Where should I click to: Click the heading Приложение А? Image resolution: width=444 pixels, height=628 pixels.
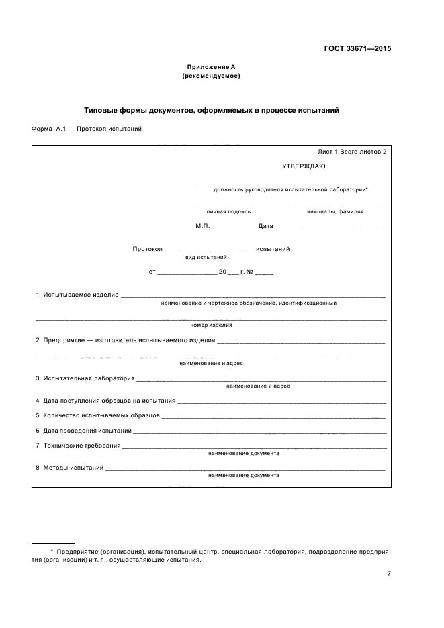(211, 67)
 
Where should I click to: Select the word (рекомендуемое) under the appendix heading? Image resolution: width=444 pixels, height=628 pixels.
(211, 76)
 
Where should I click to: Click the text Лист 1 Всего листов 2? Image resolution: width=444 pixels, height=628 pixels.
(351, 152)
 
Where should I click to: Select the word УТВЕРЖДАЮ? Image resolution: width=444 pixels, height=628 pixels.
(304, 166)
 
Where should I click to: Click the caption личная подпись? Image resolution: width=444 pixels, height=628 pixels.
(228, 211)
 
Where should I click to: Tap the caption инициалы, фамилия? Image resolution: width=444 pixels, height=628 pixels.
(335, 211)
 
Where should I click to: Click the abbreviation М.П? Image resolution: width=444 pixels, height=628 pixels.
(203, 226)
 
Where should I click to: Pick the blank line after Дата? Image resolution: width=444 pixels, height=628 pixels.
(329, 227)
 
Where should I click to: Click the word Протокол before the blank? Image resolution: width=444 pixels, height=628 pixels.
(148, 249)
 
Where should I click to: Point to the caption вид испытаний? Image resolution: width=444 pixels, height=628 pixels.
(206, 257)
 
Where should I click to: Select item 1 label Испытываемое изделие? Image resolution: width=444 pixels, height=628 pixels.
(81, 294)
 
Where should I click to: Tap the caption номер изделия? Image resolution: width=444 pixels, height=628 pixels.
(211, 325)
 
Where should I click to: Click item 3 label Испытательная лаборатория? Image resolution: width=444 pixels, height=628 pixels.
(88, 378)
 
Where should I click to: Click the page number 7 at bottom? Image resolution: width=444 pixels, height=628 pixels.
(389, 573)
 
